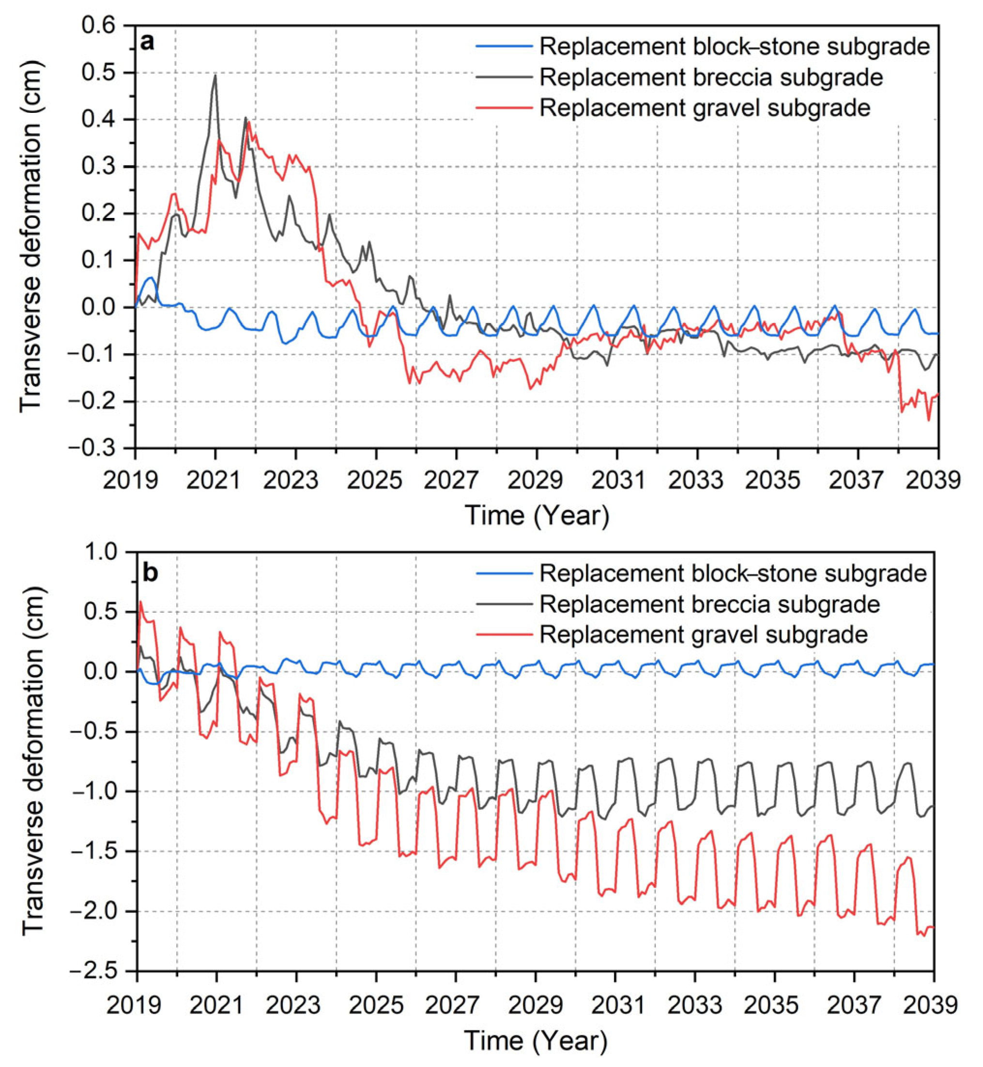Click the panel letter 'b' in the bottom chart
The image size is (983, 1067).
[x=151, y=573]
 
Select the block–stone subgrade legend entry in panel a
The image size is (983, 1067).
[x=734, y=47]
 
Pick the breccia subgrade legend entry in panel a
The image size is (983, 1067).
[x=711, y=77]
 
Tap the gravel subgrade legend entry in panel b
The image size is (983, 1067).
[x=703, y=634]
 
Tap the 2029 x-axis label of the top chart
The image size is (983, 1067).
[x=536, y=481]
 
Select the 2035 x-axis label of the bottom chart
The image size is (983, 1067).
[x=774, y=1006]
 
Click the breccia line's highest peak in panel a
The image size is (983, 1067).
[x=215, y=75]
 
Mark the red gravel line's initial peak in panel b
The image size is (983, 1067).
[x=140, y=601]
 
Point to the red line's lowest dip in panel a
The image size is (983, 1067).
[x=929, y=420]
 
